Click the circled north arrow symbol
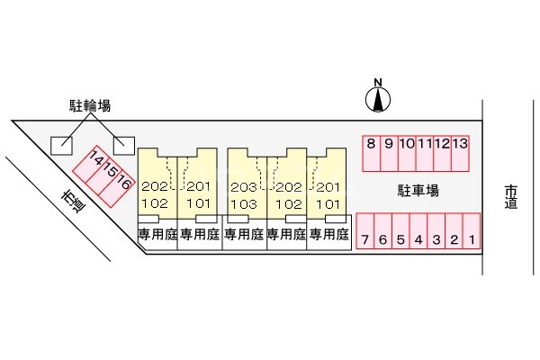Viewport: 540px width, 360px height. point(378,101)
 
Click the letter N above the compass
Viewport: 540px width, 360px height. point(378,84)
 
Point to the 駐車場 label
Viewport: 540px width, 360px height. point(418,190)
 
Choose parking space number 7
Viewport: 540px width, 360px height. point(365,239)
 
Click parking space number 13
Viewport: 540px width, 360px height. point(460,143)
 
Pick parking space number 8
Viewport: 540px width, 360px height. point(370,143)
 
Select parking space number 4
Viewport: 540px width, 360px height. point(418,239)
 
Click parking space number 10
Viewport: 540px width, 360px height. point(406,143)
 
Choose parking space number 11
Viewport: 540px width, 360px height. point(424,143)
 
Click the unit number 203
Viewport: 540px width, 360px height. point(243,186)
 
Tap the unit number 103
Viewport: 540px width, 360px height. point(243,202)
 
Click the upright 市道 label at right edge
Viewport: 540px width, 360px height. point(511,196)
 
